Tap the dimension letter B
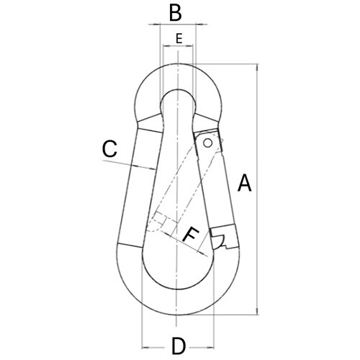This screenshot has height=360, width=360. (x=175, y=12)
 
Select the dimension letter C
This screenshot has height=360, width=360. (x=109, y=149)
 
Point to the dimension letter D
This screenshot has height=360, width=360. (x=178, y=345)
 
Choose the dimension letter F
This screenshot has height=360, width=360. (x=191, y=234)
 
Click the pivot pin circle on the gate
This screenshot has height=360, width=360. (x=208, y=143)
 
